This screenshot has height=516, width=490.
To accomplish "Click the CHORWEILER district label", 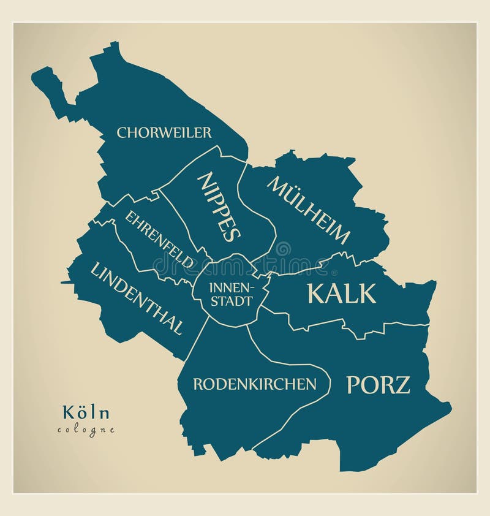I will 164,132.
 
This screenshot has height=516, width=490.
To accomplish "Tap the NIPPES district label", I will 219,207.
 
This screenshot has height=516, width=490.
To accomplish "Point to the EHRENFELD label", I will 160,239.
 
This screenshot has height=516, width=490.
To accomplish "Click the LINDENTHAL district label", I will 137,298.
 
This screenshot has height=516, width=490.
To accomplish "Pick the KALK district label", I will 341,294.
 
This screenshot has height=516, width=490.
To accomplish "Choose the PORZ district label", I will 378,385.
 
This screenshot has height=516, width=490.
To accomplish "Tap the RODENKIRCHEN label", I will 255,384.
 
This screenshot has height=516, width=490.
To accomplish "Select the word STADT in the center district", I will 230,302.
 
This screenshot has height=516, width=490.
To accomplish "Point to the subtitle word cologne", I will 86,430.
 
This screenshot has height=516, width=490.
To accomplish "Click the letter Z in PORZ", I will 402,385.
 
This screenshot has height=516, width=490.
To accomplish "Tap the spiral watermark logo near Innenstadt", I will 283,248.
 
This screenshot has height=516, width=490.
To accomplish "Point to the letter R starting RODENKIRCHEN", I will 197,384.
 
